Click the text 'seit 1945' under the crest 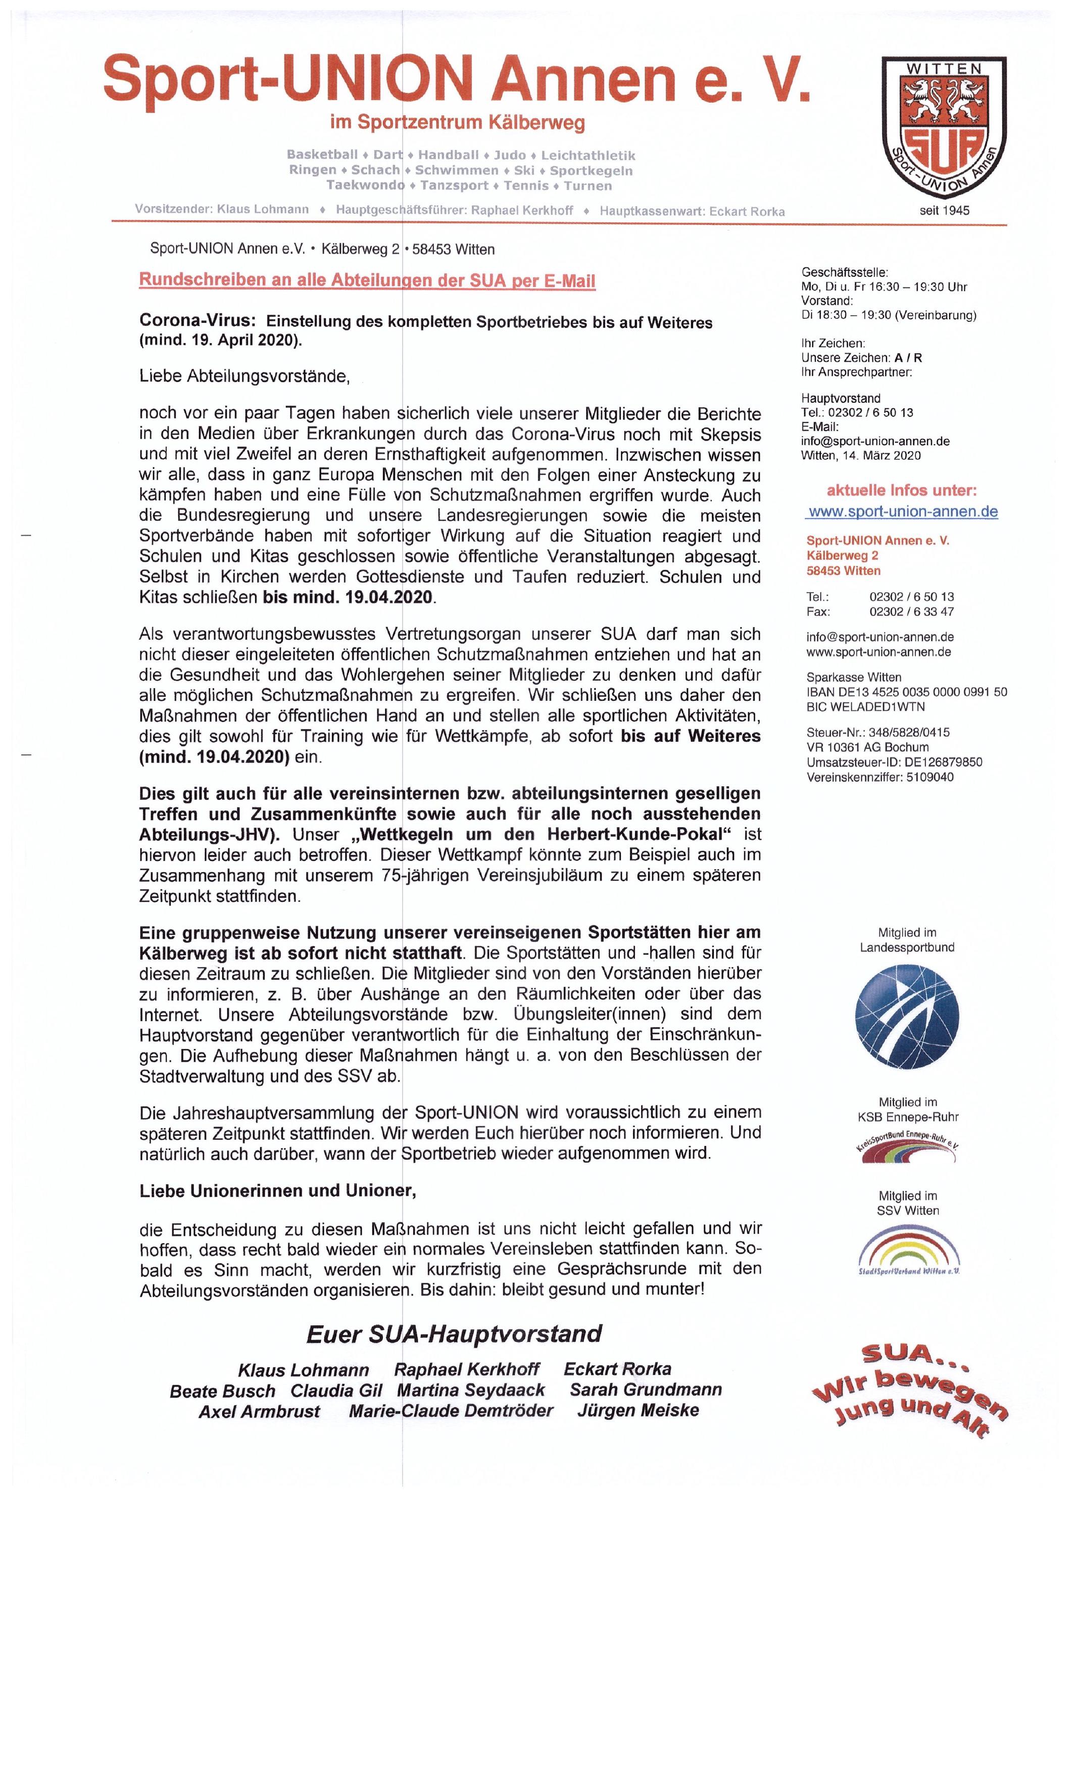click(x=944, y=210)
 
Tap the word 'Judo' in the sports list click(x=509, y=155)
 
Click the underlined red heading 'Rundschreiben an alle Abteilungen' click(x=367, y=280)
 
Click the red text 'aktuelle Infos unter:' click(x=901, y=491)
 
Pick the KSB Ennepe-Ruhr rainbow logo click(x=906, y=1149)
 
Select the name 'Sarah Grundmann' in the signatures click(x=645, y=1389)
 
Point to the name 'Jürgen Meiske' click(x=637, y=1410)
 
